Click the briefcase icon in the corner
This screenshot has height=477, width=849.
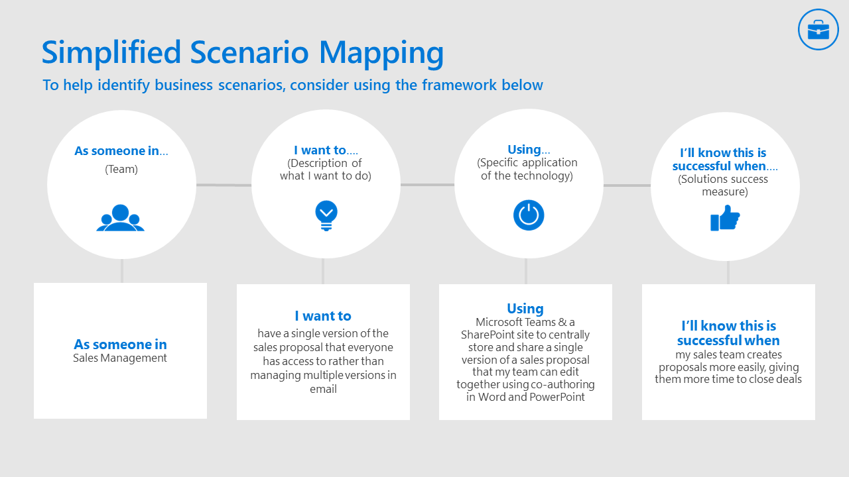point(818,30)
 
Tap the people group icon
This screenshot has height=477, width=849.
point(121,218)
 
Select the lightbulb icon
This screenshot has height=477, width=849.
point(326,215)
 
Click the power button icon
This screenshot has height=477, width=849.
point(529,215)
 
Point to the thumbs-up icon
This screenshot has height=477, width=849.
point(725,218)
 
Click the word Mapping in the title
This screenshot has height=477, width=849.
point(381,53)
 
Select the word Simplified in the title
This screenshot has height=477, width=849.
point(111,52)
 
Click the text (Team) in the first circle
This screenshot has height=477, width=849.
point(121,169)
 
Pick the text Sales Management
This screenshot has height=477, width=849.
point(120,358)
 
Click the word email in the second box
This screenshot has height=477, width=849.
point(323,389)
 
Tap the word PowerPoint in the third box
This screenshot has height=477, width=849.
point(557,397)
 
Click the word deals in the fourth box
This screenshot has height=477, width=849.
point(787,379)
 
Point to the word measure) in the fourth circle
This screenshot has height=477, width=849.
point(725,191)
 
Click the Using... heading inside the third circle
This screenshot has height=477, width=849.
point(529,150)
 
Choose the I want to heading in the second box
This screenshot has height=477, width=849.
point(323,316)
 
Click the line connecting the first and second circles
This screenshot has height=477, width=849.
point(224,185)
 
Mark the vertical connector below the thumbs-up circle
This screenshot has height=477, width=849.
point(728,272)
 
